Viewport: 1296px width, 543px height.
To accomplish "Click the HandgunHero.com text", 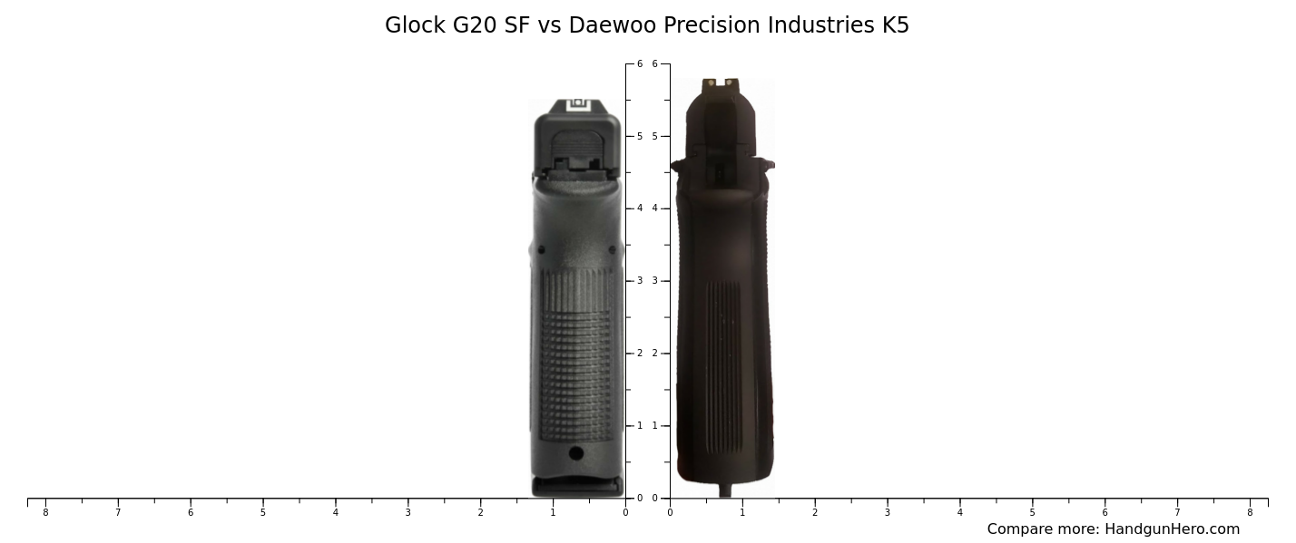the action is coord(1172,529).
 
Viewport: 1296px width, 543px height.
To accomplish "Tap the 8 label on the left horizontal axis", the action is coord(45,512).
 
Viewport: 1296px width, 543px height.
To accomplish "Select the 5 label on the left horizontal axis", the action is coord(263,512).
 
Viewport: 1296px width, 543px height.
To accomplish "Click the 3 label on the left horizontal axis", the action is coord(407,512).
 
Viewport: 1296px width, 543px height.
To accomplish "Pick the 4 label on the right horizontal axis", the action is coord(960,512).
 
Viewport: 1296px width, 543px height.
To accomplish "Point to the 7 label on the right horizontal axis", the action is coord(1177,512).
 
